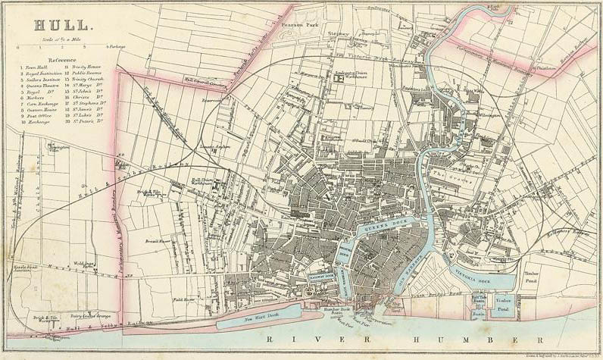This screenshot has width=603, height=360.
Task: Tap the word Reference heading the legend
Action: click(x=61, y=59)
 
